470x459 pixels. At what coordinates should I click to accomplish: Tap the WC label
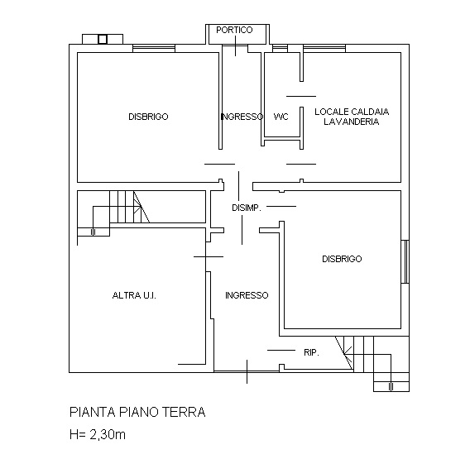pyautogui.click(x=281, y=117)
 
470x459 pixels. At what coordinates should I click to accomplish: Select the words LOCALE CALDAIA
pyautogui.click(x=352, y=111)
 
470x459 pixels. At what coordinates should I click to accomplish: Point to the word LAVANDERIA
pyautogui.click(x=352, y=122)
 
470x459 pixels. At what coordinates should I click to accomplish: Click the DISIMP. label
pyautogui.click(x=247, y=208)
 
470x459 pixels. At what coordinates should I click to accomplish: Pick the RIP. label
pyautogui.click(x=311, y=352)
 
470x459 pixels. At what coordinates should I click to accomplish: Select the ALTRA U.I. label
pyautogui.click(x=134, y=295)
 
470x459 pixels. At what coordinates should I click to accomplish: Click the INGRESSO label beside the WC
pyautogui.click(x=242, y=117)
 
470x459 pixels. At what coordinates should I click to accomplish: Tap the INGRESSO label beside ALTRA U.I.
pyautogui.click(x=246, y=295)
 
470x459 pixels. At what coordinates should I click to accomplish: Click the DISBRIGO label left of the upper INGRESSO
pyautogui.click(x=148, y=117)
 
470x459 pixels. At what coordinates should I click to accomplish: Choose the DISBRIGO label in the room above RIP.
pyautogui.click(x=342, y=259)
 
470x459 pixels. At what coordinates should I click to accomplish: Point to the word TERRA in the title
pyautogui.click(x=184, y=412)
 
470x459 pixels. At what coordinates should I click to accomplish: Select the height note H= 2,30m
pyautogui.click(x=98, y=433)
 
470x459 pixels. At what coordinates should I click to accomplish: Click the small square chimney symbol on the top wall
pyautogui.click(x=103, y=38)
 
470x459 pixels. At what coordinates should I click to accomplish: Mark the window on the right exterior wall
pyautogui.click(x=405, y=261)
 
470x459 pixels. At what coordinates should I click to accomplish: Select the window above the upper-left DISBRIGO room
pyautogui.click(x=154, y=47)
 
